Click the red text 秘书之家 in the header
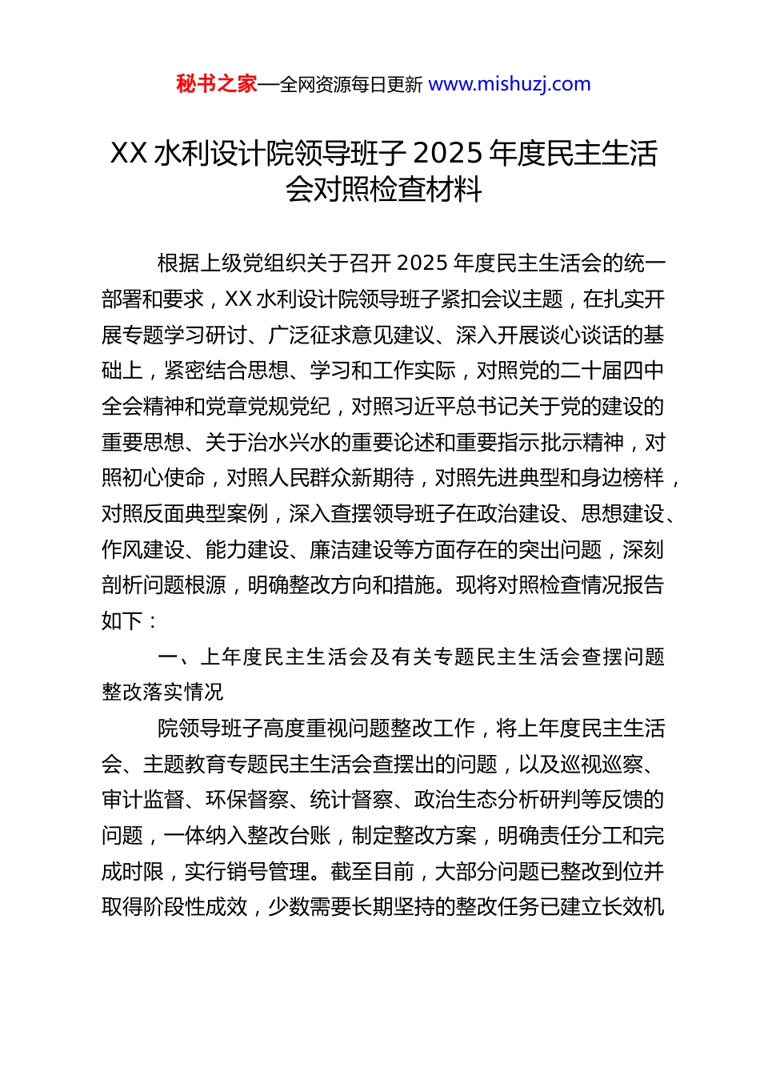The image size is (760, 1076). [x=217, y=84]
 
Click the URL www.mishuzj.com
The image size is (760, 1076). [x=510, y=84]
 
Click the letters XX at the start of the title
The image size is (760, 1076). [x=128, y=153]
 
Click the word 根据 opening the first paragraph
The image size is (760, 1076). [x=178, y=263]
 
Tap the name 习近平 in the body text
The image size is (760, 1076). [x=424, y=407]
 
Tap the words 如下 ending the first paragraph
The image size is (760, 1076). [x=122, y=621]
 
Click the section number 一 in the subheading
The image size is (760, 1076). [x=168, y=657]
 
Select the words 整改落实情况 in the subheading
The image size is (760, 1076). [x=163, y=693]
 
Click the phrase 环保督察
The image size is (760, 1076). [x=246, y=800]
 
